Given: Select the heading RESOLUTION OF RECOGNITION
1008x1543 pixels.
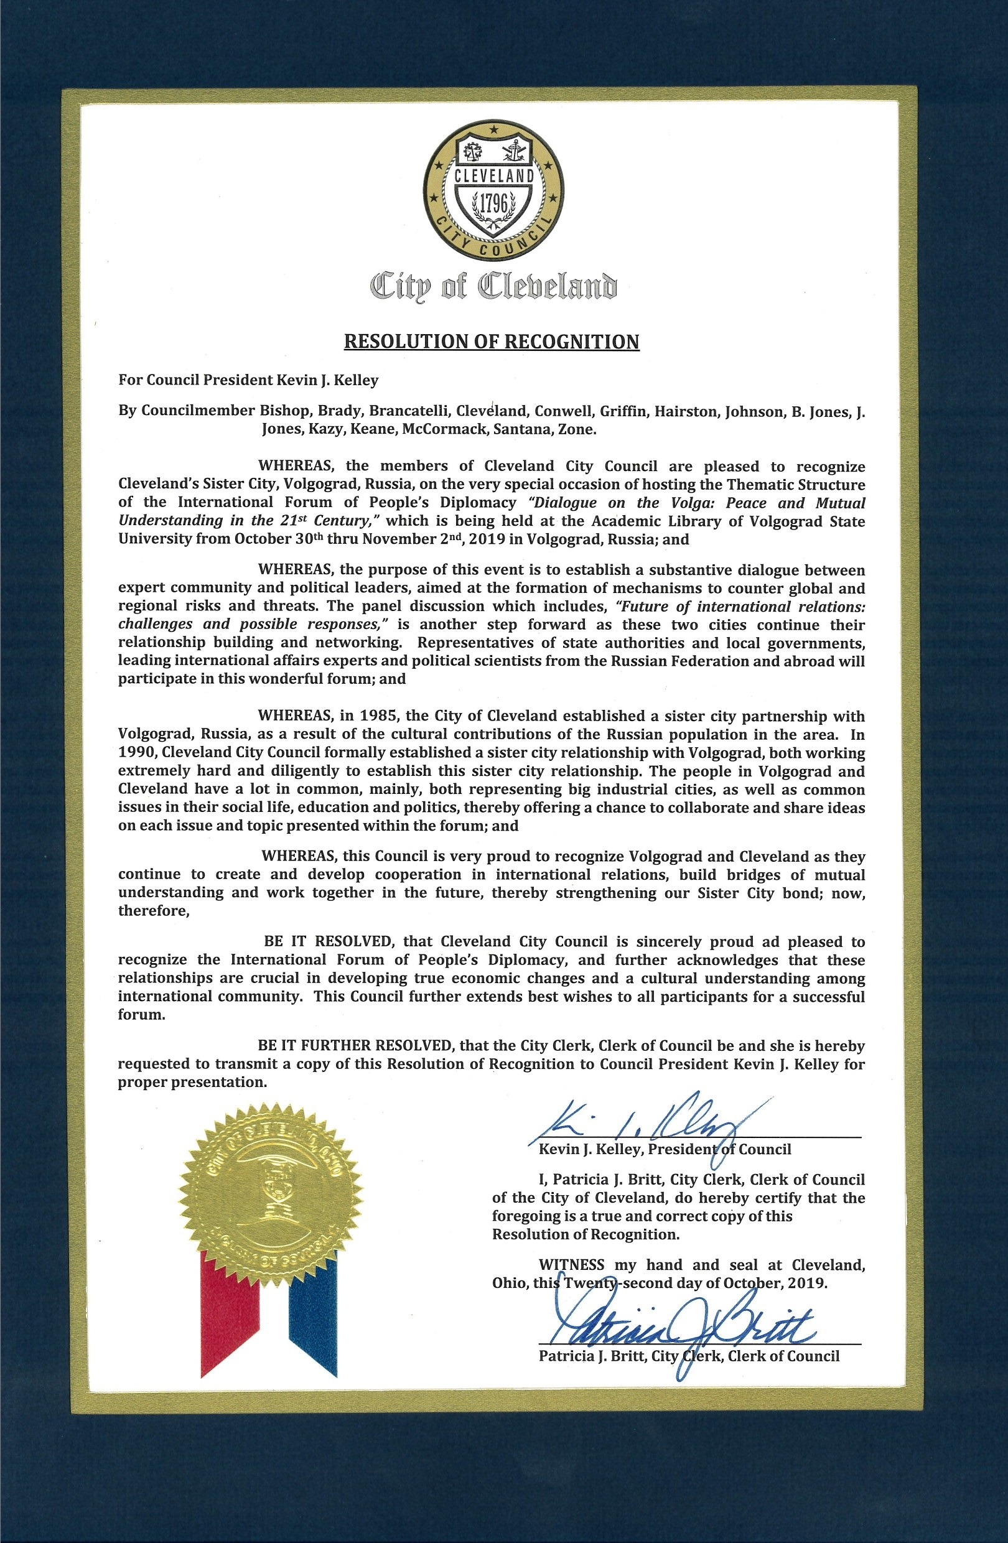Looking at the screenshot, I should tap(492, 342).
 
